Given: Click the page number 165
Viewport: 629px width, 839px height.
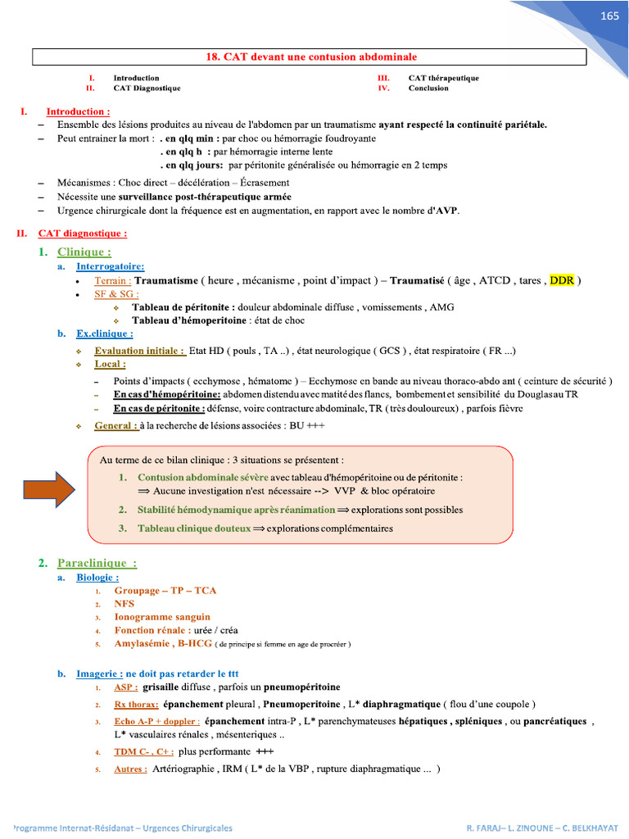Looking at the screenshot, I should tap(609, 16).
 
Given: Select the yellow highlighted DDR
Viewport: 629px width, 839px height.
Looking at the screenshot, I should tap(563, 280).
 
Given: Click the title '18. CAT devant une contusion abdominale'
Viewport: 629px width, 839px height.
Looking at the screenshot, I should tap(310, 57).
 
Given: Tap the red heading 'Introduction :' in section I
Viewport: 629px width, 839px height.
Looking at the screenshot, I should tap(78, 111).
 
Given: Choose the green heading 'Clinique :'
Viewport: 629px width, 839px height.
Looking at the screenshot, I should tap(84, 252).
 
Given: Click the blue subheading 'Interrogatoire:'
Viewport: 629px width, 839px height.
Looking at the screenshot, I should tap(111, 266).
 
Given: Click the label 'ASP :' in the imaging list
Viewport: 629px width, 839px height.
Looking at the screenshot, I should tap(126, 687).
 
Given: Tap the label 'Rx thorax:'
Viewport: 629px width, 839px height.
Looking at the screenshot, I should tap(136, 704).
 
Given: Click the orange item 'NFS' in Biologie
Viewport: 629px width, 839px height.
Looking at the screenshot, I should tap(124, 603).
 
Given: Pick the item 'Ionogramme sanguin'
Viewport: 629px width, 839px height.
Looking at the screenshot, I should tap(162, 616).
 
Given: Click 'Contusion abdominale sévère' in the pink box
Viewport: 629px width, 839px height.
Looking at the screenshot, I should tap(202, 477).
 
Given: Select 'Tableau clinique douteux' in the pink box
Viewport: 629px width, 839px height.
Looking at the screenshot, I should tap(193, 528).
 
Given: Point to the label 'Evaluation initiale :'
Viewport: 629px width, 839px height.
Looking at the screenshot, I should tap(139, 351).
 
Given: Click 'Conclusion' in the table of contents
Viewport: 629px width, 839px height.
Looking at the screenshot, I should tap(428, 88).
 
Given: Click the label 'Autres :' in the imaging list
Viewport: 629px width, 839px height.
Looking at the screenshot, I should tap(131, 769).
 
